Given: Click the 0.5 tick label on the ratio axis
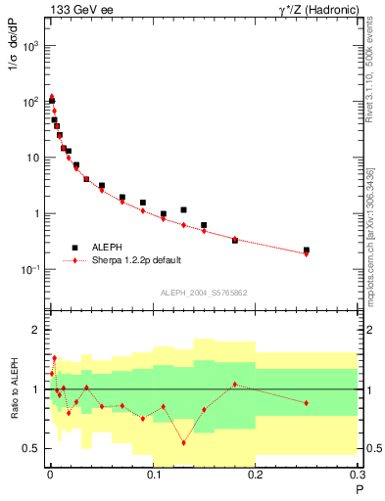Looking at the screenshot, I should tap(32, 448).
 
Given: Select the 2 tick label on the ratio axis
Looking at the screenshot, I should tap(37, 331).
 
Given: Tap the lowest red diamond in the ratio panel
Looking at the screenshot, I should tap(183, 442).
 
